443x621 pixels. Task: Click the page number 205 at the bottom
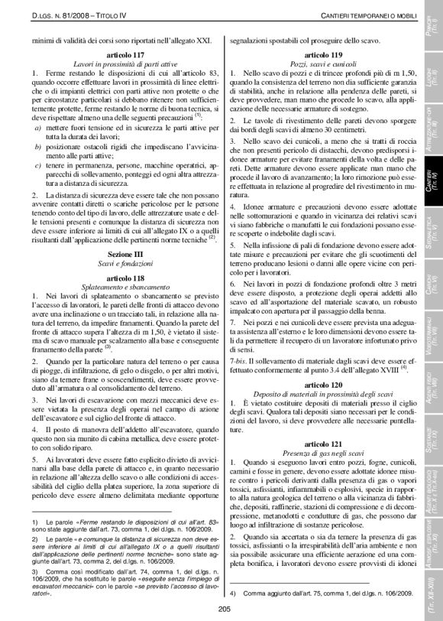pyautogui.click(x=224, y=608)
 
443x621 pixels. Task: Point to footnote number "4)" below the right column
pyautogui.click(x=232, y=591)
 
